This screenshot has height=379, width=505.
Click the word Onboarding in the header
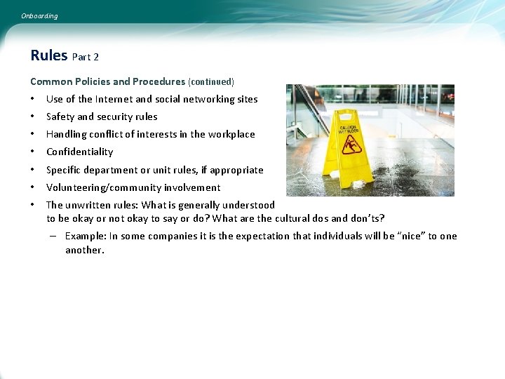(39, 16)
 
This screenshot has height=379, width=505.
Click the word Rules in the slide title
(49, 55)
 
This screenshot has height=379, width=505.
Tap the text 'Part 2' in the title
(86, 57)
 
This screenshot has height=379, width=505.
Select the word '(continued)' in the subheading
(211, 81)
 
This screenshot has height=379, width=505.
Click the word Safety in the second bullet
(60, 117)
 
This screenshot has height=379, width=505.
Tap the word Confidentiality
(79, 152)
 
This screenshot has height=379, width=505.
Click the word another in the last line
(84, 250)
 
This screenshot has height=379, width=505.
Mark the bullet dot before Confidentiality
(33, 152)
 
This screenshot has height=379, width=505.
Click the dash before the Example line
(53, 236)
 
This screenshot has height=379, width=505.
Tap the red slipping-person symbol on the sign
(351, 145)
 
